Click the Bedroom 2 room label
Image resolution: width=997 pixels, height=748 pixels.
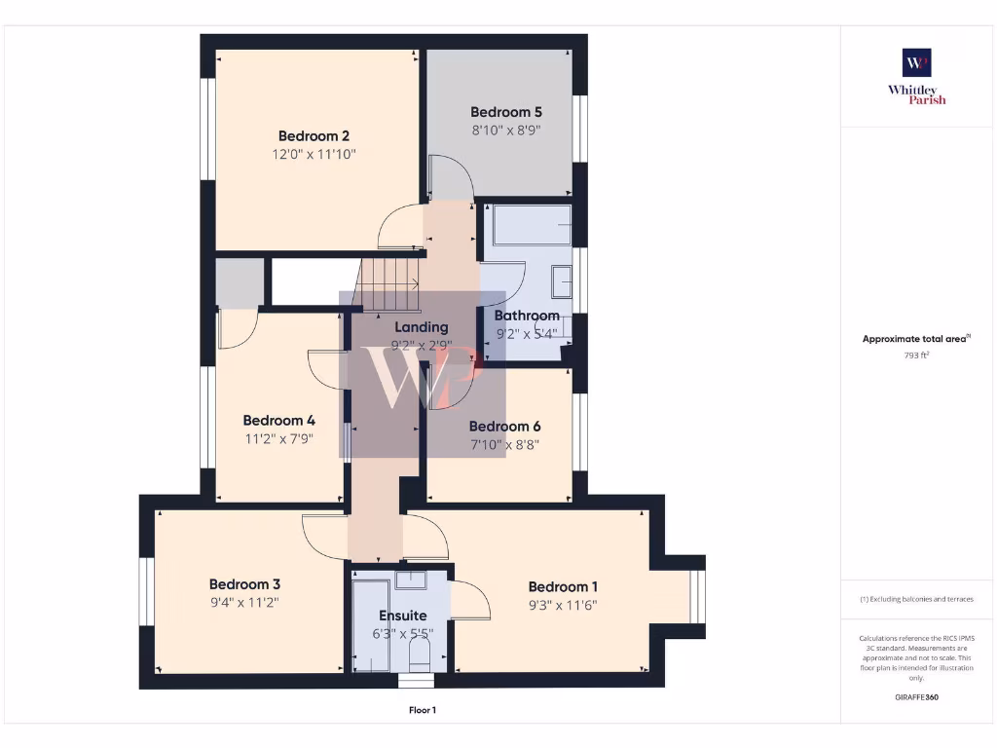(314, 136)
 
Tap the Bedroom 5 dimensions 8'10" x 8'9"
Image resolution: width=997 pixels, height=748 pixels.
(505, 130)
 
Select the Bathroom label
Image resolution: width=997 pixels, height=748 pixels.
(527, 316)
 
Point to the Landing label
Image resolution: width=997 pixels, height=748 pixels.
(421, 327)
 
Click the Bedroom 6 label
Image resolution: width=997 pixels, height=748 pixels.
(504, 427)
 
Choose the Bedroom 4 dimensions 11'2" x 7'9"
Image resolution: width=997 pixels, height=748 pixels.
(278, 438)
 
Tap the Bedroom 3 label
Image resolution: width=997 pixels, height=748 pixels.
(244, 584)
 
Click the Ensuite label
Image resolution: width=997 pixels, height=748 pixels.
(402, 616)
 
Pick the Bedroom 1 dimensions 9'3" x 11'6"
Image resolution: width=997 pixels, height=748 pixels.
(562, 604)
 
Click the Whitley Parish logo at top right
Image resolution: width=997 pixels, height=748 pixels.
(916, 75)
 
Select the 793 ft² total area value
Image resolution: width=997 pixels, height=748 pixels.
(916, 355)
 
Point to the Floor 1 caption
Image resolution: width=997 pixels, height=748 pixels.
(422, 711)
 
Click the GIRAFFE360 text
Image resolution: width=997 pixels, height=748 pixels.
(916, 697)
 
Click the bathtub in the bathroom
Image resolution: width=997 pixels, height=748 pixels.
(532, 225)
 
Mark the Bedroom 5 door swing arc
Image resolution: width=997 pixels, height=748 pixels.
(452, 178)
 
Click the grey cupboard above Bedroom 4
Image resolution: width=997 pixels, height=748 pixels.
(240, 282)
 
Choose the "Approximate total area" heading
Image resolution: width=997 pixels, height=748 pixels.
(916, 339)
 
